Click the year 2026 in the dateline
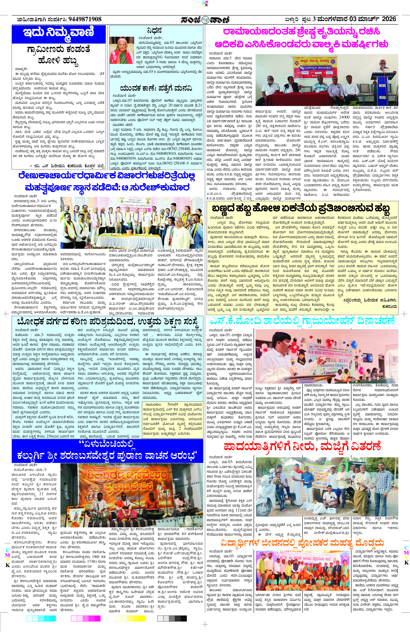pos(389,19)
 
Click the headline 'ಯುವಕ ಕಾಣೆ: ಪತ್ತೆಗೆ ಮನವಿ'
pos(156,88)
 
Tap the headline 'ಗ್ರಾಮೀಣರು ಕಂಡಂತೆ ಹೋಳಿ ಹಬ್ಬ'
pos(59,55)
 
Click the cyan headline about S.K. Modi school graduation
pos(302,321)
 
